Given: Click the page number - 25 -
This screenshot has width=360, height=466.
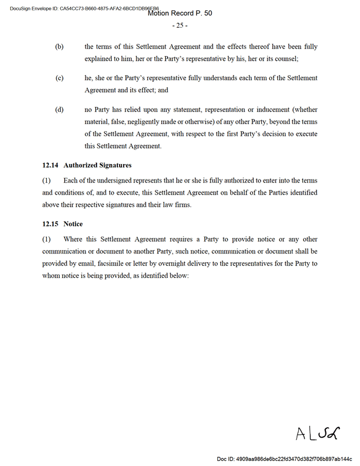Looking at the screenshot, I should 180,25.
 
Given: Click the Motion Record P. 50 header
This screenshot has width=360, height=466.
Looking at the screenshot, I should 180,13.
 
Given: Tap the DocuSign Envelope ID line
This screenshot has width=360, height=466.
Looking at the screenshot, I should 81,8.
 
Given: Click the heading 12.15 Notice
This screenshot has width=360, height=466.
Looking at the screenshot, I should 62,223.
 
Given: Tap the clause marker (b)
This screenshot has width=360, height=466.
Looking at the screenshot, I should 59,46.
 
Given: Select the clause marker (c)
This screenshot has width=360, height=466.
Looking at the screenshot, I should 59,78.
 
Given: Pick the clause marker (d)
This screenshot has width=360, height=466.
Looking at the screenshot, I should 59,110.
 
